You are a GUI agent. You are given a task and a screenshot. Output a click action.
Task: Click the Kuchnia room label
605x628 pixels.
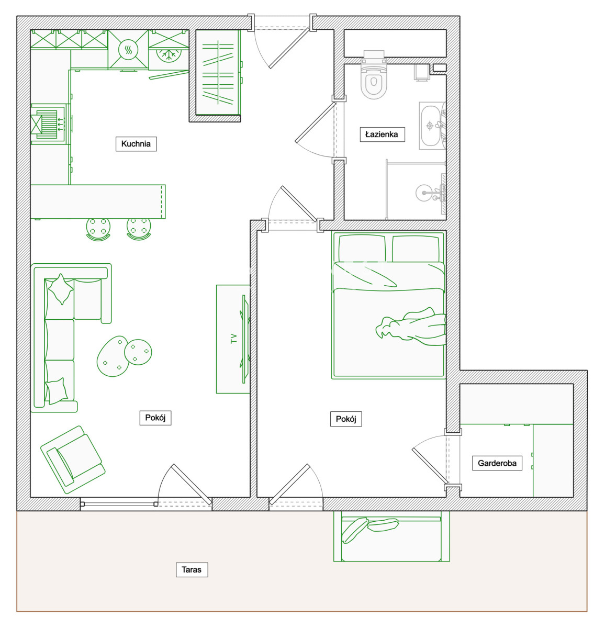click(136, 144)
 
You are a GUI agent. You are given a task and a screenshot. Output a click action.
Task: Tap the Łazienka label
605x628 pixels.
click(382, 134)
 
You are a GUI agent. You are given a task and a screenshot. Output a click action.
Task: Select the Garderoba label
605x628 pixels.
click(497, 463)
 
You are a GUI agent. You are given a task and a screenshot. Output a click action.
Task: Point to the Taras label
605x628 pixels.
click(192, 569)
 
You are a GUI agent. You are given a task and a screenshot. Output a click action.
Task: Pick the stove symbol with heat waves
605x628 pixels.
click(128, 50)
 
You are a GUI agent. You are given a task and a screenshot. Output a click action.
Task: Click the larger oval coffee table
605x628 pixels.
click(113, 356)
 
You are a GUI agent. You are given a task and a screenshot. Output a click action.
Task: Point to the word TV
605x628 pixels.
click(234, 339)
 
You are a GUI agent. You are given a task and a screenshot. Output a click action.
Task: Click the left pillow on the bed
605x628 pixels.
click(362, 249)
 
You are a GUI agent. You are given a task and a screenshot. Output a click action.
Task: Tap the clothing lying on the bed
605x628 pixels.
click(411, 326)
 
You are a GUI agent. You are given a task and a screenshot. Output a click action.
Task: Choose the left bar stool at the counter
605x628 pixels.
click(98, 229)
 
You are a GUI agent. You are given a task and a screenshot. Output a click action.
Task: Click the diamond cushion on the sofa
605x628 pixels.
click(61, 289)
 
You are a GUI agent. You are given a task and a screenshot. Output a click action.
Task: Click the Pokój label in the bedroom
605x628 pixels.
click(346, 419)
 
